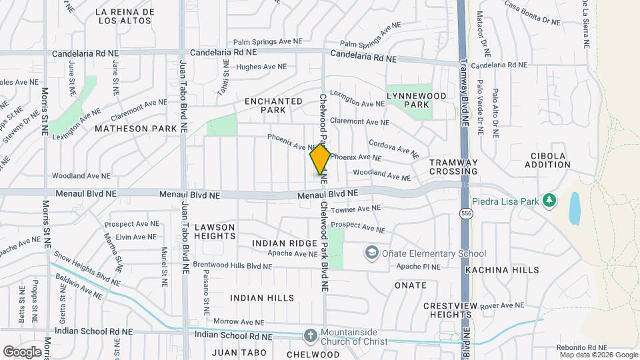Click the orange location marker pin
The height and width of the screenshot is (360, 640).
[x=320, y=159]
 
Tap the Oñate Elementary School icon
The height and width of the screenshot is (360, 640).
[x=371, y=253]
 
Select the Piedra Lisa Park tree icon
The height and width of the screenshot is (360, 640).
[x=549, y=200]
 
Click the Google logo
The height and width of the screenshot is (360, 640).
[x=22, y=351]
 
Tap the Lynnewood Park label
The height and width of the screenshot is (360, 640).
[x=417, y=100]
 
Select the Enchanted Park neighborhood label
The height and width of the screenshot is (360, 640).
[x=273, y=105]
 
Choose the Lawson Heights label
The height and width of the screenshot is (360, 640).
[x=215, y=231]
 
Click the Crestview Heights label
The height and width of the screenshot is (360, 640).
[x=451, y=310]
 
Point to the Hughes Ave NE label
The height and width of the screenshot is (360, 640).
[x=261, y=67]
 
